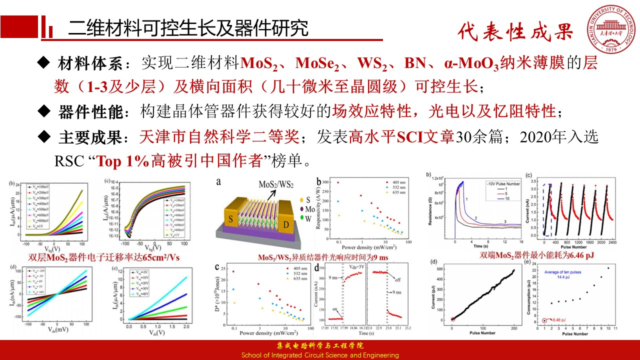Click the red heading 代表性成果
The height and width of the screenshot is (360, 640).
pos(515,32)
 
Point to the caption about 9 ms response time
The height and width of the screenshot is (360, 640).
pos(323,258)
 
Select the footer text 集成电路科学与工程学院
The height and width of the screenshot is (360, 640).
pos(320,346)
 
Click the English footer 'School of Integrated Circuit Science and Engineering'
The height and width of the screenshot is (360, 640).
pos(320,355)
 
